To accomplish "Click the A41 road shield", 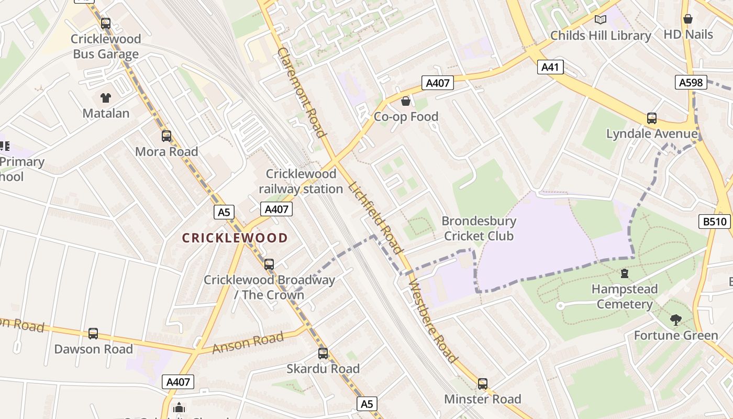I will click(x=550, y=67).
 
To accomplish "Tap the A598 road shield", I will click(x=691, y=82).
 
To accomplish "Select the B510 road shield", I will click(x=715, y=222).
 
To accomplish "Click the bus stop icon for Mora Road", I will click(x=166, y=136).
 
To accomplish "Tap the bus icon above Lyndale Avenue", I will click(x=652, y=118).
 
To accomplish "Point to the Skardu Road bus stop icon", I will click(x=323, y=354).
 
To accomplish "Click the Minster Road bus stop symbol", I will click(x=482, y=384).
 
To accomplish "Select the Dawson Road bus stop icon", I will click(x=93, y=334).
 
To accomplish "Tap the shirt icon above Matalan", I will click(x=106, y=98).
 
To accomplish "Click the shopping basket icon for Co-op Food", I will click(x=406, y=101).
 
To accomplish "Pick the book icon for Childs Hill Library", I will click(x=601, y=20).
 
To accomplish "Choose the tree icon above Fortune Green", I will click(x=676, y=319).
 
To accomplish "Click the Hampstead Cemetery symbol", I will click(x=624, y=273).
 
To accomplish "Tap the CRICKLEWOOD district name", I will click(x=235, y=238).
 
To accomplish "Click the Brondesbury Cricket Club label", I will click(x=479, y=228).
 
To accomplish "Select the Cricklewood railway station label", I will click(x=301, y=181).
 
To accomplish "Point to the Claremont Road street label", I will click(x=302, y=92).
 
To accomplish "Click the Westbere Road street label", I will click(x=432, y=322).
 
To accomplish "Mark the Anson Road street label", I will click(x=248, y=343).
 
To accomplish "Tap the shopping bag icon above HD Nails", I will click(x=688, y=19).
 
